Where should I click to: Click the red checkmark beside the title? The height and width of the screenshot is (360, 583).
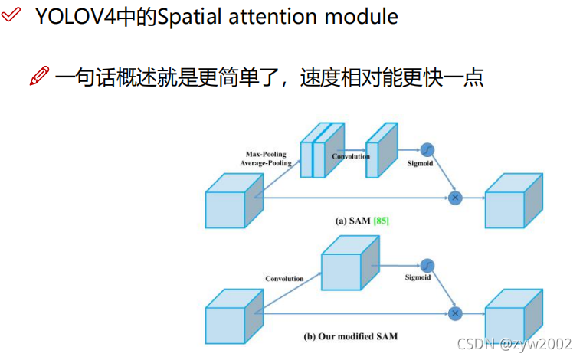(11, 15)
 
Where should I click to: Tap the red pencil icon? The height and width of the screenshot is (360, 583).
(39, 76)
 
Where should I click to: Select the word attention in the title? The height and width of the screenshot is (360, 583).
(273, 17)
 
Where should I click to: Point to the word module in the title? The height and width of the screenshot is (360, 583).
(362, 17)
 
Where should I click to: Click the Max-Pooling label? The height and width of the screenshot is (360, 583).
(266, 154)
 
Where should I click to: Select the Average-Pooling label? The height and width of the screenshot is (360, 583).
(266, 163)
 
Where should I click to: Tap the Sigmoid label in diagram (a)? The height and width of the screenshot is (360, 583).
(420, 163)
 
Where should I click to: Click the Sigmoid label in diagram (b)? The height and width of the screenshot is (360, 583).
(418, 277)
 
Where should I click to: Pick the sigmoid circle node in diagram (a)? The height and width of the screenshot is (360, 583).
(427, 150)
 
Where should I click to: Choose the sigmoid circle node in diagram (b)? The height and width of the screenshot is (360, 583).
(427, 266)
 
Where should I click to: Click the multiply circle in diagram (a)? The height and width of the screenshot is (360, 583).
(455, 198)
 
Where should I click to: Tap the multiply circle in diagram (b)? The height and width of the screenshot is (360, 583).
(455, 313)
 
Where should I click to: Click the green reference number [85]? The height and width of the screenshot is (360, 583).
(381, 221)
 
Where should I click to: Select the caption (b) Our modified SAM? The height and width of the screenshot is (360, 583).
(351, 336)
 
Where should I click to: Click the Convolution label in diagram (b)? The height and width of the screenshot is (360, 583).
(284, 279)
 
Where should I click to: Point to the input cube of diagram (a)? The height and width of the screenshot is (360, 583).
(234, 201)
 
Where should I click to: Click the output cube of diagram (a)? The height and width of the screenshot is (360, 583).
(514, 201)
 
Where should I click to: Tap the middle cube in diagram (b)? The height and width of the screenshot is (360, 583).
(351, 263)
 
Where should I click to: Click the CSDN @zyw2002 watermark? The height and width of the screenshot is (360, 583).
(514, 344)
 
